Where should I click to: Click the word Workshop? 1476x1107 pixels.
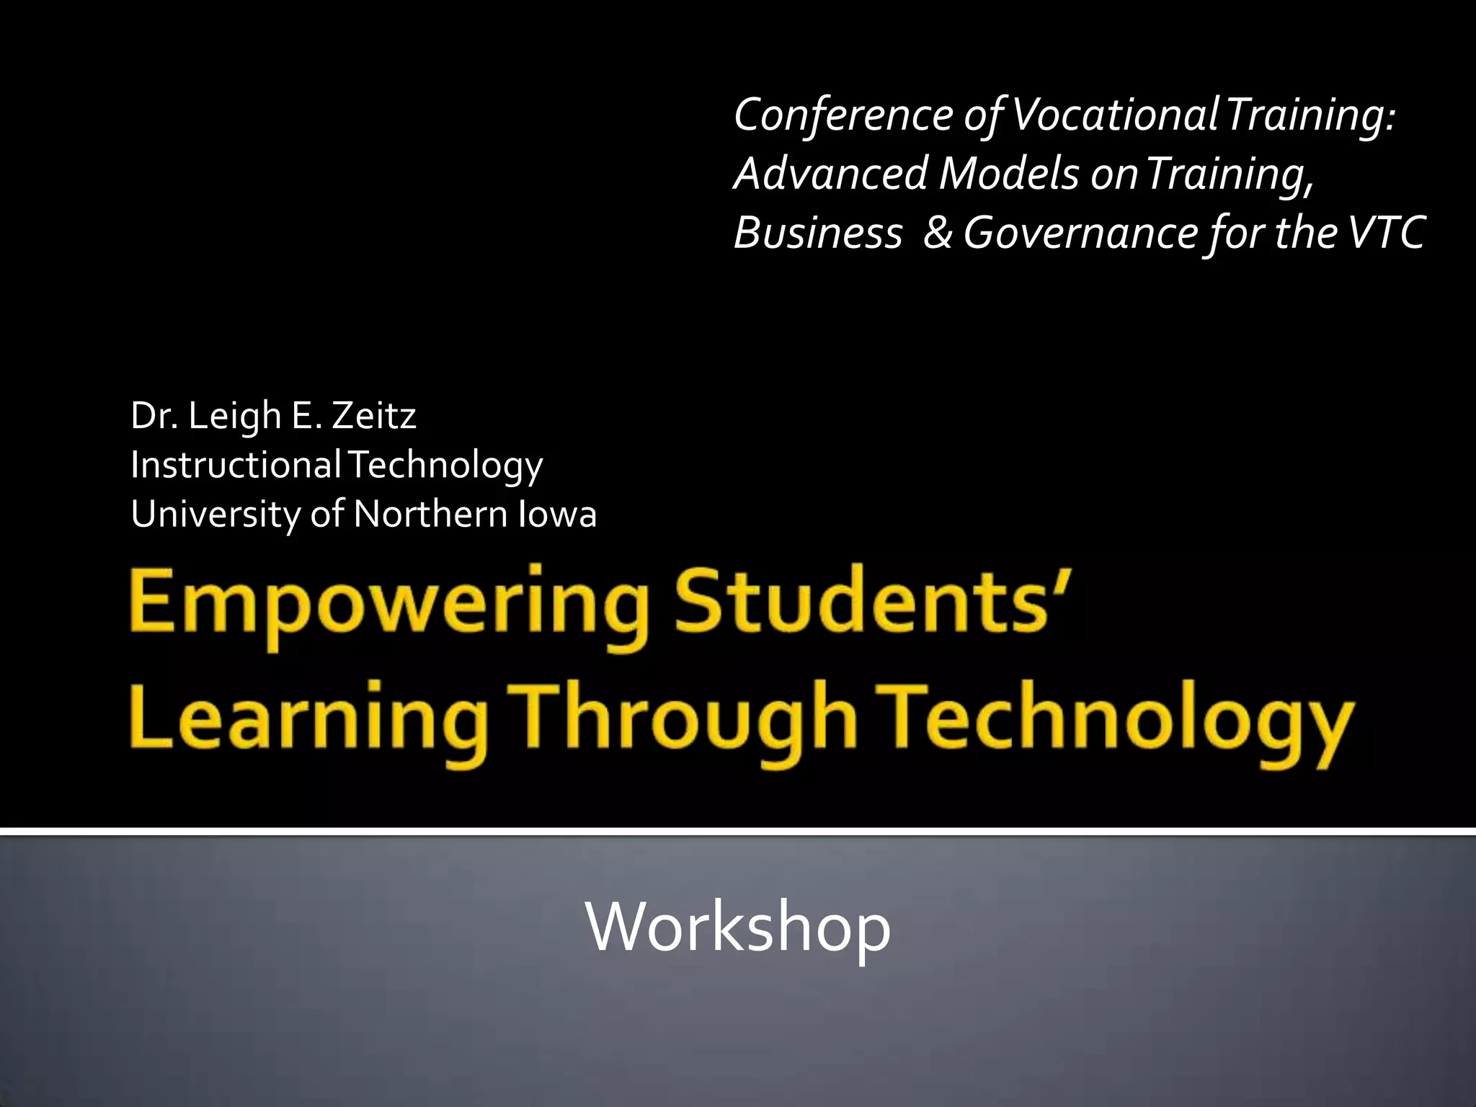click(738, 928)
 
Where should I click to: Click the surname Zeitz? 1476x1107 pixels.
click(374, 416)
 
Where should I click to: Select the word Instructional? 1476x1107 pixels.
click(236, 464)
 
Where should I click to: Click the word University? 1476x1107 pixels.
click(215, 515)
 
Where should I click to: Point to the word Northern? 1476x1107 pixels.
click(431, 514)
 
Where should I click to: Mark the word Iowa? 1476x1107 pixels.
click(557, 514)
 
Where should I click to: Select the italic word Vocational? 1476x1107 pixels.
click(1115, 115)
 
